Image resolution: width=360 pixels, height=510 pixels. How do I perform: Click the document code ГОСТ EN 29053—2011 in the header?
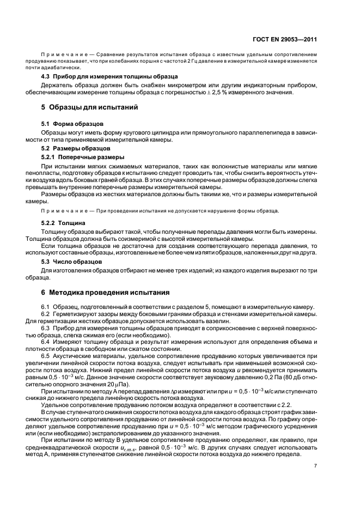point(285,39)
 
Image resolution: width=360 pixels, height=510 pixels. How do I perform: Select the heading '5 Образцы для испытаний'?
point(90,107)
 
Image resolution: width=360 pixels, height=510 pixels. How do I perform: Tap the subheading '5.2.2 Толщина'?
point(63,223)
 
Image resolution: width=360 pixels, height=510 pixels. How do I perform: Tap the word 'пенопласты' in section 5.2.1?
point(58,172)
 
